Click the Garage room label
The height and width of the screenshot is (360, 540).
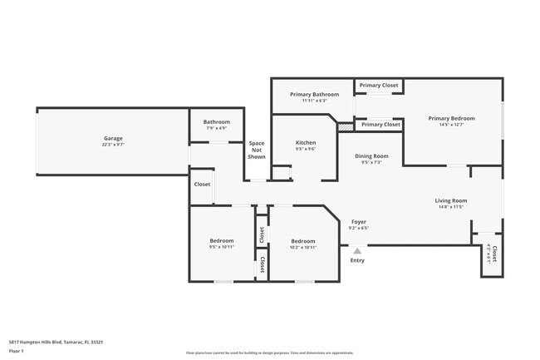pyautogui.click(x=113, y=138)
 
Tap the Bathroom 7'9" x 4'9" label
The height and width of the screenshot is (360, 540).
pyautogui.click(x=217, y=122)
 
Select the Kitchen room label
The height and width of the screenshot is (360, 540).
pyautogui.click(x=306, y=143)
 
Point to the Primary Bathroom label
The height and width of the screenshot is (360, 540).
pyautogui.click(x=314, y=95)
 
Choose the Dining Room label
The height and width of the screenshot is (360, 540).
pyautogui.click(x=371, y=156)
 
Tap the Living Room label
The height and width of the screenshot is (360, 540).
pyautogui.click(x=450, y=200)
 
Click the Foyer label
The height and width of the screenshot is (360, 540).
pyautogui.click(x=359, y=222)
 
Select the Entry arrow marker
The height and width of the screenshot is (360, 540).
pyautogui.click(x=357, y=250)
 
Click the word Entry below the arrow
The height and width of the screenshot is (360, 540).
pyautogui.click(x=357, y=260)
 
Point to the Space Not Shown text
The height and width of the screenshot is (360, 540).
pyautogui.click(x=257, y=150)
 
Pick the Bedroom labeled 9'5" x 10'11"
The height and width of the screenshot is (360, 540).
pyautogui.click(x=222, y=241)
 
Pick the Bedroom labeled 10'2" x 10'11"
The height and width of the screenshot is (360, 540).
pyautogui.click(x=302, y=241)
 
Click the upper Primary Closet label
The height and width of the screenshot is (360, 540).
pyautogui.click(x=379, y=85)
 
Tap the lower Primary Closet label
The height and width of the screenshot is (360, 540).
pyautogui.click(x=380, y=124)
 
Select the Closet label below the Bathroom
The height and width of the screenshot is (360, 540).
pyautogui.click(x=202, y=184)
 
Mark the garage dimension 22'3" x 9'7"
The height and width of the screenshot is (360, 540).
pyautogui.click(x=113, y=145)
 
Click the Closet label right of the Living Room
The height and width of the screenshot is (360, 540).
pyautogui.click(x=494, y=253)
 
